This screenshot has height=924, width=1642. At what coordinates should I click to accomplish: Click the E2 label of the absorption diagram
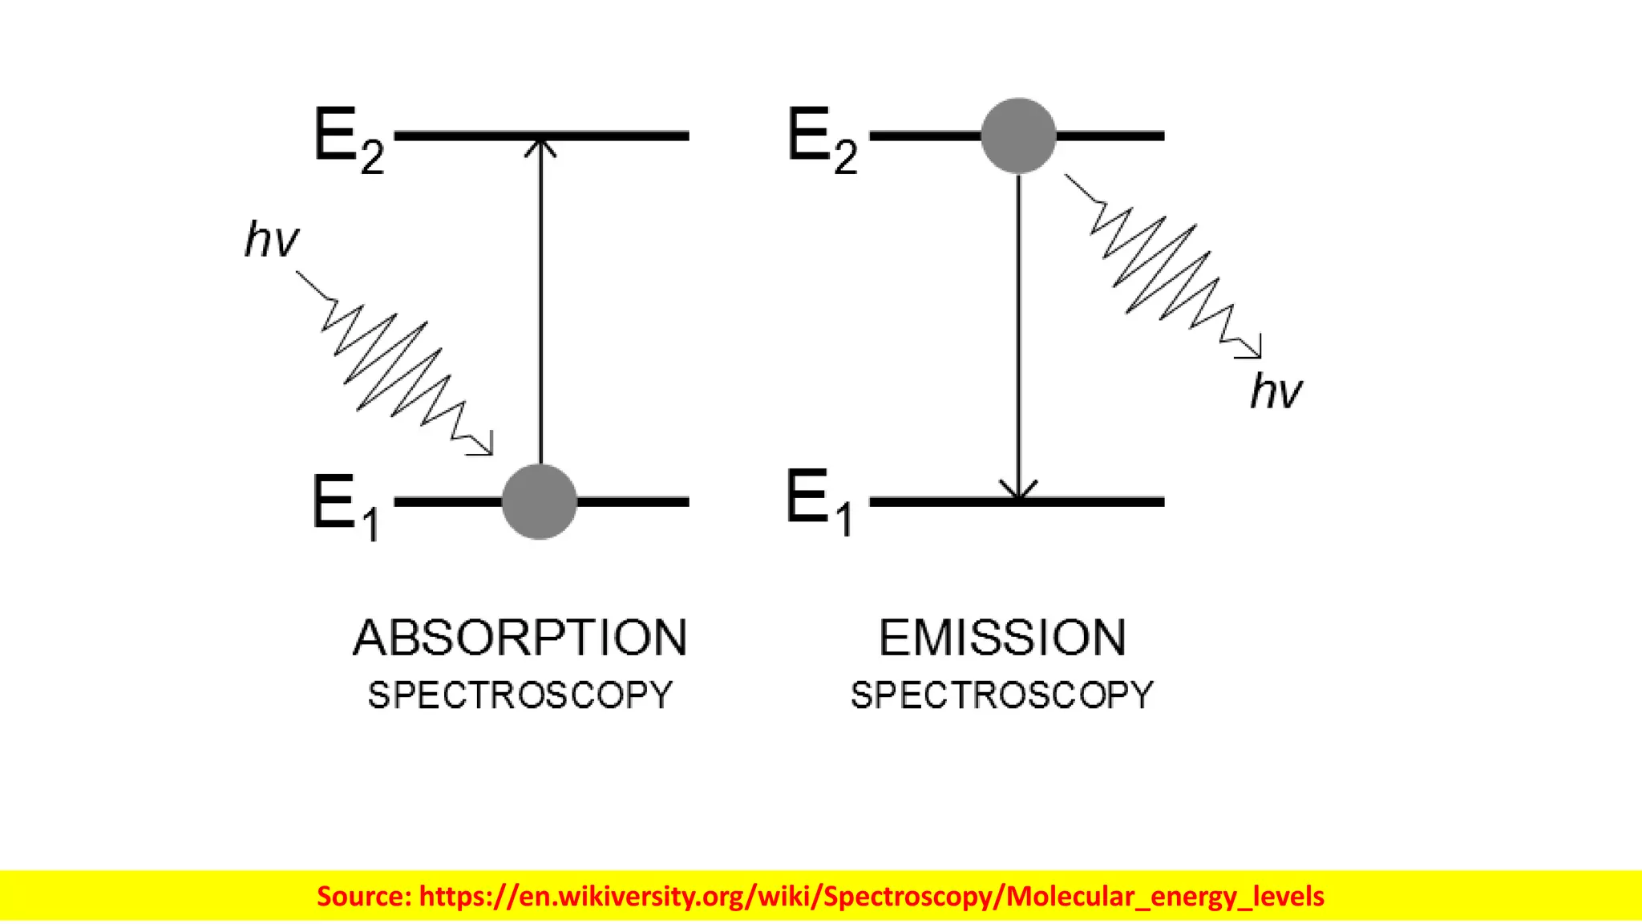[x=348, y=140]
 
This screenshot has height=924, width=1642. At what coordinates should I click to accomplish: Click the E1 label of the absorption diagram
[x=345, y=505]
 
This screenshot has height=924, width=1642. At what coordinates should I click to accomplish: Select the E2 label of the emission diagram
[x=822, y=140]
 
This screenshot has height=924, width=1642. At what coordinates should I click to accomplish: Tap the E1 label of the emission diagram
[x=819, y=503]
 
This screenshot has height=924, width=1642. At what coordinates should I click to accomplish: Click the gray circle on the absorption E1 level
[x=540, y=501]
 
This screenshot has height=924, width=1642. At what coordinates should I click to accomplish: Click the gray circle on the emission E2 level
[x=1018, y=136]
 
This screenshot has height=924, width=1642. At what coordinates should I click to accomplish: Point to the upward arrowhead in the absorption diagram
[x=540, y=146]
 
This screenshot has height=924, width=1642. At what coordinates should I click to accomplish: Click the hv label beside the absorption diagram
[x=271, y=239]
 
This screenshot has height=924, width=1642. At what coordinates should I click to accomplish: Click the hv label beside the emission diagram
[x=1276, y=391]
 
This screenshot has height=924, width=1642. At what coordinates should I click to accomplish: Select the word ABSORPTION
[x=520, y=638]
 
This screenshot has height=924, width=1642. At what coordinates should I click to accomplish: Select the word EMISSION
[x=1002, y=638]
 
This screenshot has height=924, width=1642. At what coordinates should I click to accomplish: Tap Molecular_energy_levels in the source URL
[x=1165, y=896]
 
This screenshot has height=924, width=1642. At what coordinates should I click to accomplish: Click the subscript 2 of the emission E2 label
[x=846, y=156]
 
